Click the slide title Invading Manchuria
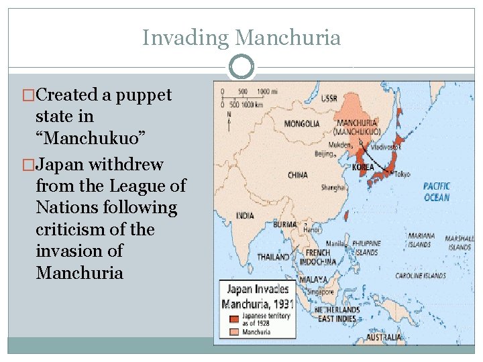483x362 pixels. [x=241, y=38]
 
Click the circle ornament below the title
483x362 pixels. [x=241, y=67]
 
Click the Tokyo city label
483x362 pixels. [x=402, y=174]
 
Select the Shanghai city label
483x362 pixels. [x=333, y=188]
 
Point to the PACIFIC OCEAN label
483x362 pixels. [x=436, y=191]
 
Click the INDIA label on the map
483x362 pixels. [x=245, y=216]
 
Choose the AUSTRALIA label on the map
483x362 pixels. [x=384, y=337]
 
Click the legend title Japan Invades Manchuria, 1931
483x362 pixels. [x=258, y=296]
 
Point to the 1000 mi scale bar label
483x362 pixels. [x=267, y=91]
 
